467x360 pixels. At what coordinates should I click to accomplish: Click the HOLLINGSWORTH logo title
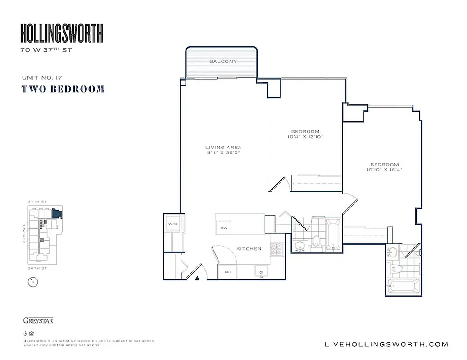point(62,34)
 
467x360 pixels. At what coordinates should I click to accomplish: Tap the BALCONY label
point(223,61)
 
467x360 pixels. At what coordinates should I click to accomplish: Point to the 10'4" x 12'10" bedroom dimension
point(306,136)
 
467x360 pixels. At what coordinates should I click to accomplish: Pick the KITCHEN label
point(249,248)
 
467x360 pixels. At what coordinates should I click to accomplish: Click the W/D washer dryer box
point(173,224)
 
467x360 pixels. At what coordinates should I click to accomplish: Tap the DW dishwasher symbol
point(224,228)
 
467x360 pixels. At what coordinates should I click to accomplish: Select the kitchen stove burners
point(275,248)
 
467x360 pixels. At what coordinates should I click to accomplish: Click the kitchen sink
point(261,271)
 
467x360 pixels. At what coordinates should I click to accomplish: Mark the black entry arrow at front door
point(197,278)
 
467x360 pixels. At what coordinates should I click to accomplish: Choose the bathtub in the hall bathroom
point(333,234)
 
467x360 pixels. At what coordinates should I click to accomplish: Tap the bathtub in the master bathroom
point(403,286)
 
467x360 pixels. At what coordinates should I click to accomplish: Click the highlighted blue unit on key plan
point(56,213)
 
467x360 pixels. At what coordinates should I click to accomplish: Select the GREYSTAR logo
point(38,321)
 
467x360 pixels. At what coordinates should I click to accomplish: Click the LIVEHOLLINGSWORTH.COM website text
point(386,344)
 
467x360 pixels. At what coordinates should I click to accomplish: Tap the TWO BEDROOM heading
point(63,89)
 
